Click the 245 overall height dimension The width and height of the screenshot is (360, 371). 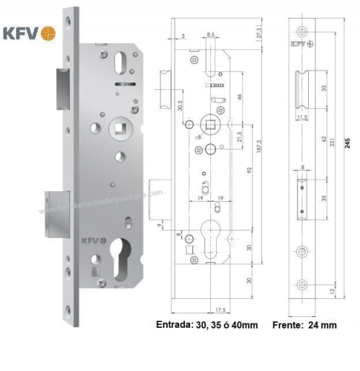click(348, 144)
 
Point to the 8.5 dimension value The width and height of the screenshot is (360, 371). click(212, 35)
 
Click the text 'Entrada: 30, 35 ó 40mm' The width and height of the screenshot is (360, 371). click(207, 325)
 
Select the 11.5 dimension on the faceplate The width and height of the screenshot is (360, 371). click(301, 116)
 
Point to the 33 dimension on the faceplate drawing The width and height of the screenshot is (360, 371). click(323, 89)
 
